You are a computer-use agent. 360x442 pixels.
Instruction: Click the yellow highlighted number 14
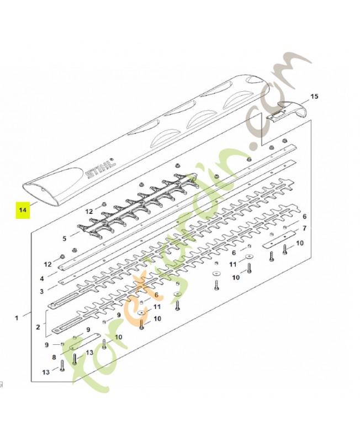point(23,210)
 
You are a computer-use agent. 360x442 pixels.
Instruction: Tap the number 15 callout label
point(314,96)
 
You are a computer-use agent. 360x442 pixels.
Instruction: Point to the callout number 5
point(65,239)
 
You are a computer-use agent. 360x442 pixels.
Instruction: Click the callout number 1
point(17,318)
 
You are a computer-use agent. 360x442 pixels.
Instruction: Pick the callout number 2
point(38,327)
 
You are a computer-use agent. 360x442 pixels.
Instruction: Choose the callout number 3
point(42,291)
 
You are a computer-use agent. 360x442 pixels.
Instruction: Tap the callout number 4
point(42,279)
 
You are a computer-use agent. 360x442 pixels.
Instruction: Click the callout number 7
point(304,228)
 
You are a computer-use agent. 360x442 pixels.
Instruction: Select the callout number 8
point(54,357)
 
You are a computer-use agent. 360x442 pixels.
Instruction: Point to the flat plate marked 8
point(85,340)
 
